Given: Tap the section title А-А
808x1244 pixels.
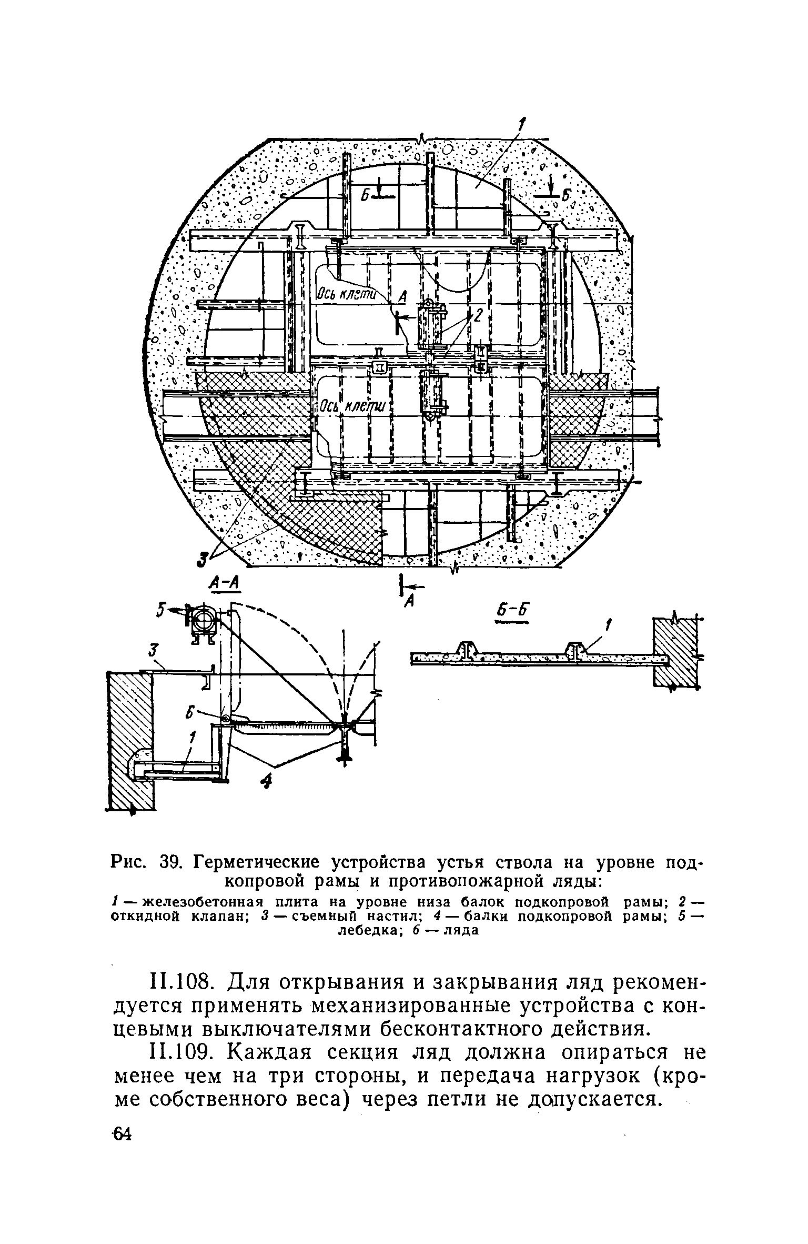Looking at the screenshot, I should click(224, 583).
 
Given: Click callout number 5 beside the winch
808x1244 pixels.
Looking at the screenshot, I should click(161, 610).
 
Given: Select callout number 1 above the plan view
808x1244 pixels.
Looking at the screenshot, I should click(522, 125).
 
